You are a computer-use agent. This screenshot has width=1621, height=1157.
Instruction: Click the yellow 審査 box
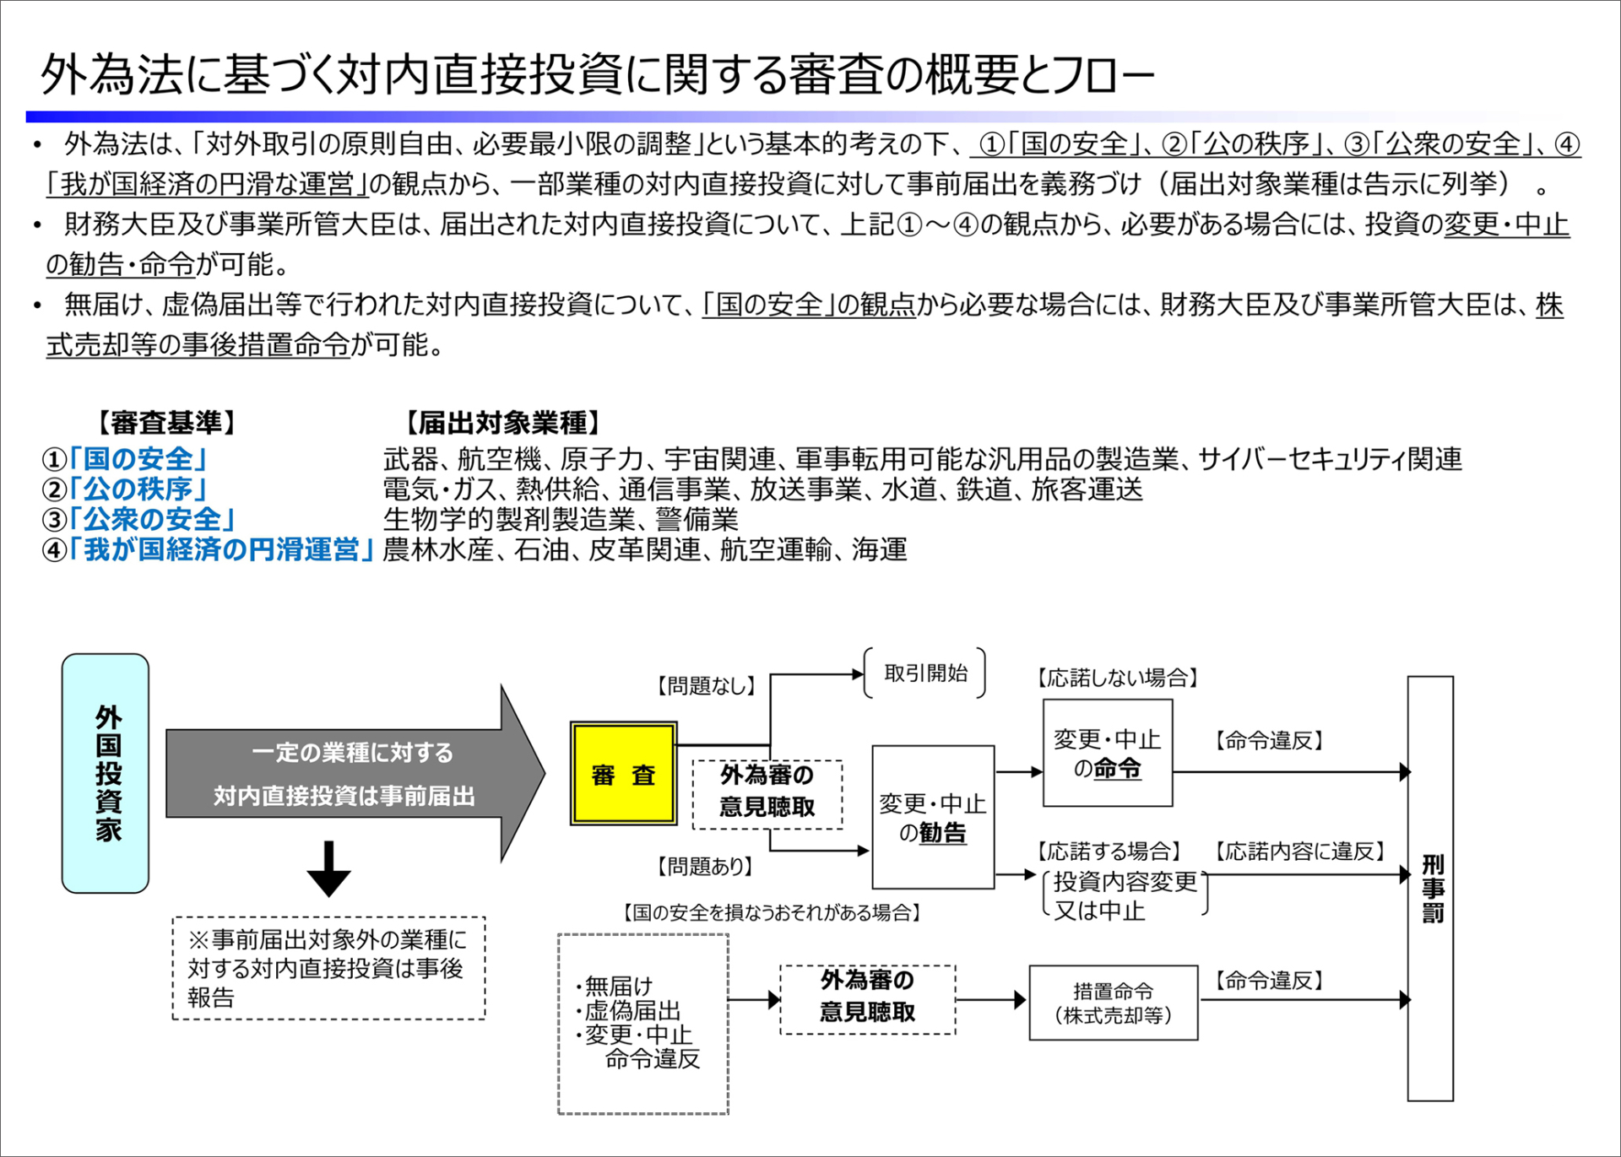point(624,773)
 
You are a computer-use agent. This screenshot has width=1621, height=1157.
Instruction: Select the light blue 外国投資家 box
point(106,773)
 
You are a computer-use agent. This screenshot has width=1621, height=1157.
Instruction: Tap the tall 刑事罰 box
point(1430,889)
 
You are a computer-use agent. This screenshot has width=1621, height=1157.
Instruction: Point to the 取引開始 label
point(925,673)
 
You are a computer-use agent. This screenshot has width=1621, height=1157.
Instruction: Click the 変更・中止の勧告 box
point(933,817)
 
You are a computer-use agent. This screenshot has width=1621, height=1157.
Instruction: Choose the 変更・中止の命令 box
point(1108,753)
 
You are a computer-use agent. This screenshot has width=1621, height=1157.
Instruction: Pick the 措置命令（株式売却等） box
point(1114,1003)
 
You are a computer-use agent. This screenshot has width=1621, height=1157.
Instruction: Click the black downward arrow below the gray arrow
point(328,868)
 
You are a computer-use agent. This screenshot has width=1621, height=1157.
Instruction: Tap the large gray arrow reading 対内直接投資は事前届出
point(355,774)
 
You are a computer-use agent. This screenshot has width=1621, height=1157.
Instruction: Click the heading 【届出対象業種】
point(502,423)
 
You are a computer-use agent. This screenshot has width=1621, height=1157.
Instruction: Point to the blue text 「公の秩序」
point(139,489)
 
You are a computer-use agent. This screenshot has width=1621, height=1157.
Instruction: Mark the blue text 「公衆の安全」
point(153,519)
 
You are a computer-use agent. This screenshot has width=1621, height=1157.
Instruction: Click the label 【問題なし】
point(706,686)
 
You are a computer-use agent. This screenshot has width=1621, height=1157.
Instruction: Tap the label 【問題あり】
point(706,866)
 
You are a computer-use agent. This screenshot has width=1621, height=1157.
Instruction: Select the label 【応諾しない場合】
point(1118,678)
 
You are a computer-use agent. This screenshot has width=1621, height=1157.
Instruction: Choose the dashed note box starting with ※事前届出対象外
point(329,968)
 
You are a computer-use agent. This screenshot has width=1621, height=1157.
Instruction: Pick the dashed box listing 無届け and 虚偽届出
point(643,1024)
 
